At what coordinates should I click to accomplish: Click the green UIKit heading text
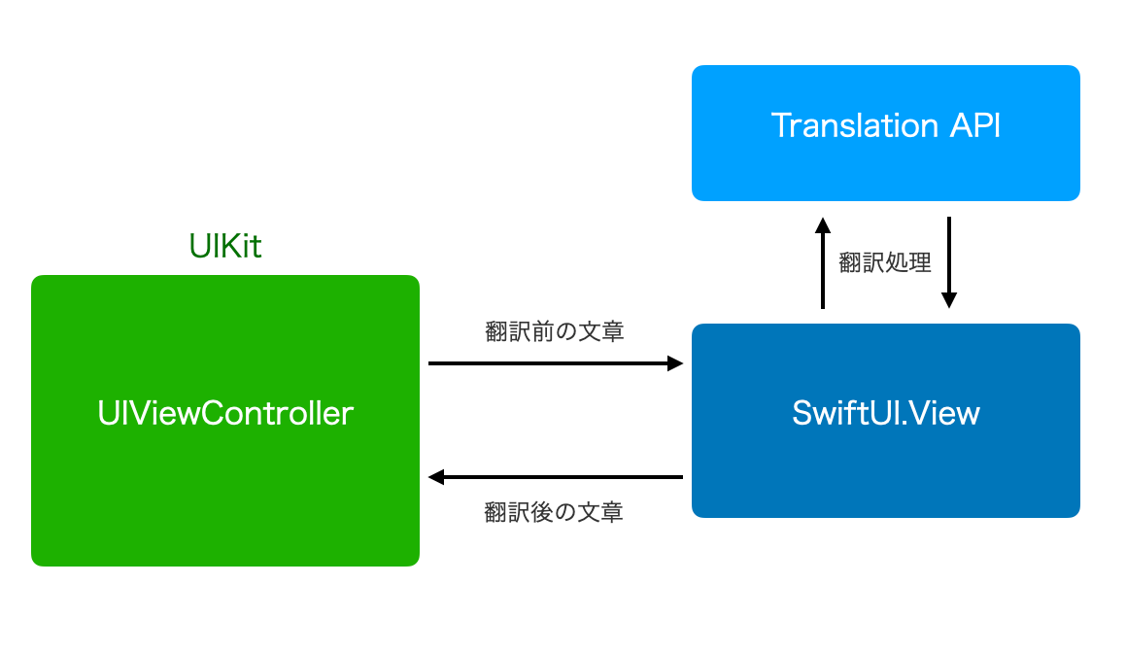tap(224, 247)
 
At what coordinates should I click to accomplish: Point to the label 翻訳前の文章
tap(555, 331)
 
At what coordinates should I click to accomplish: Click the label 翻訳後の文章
tap(554, 512)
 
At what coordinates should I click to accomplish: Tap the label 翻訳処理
tap(885, 262)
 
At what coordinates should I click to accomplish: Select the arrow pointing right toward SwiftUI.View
tap(555, 363)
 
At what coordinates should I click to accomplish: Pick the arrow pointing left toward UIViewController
tap(555, 477)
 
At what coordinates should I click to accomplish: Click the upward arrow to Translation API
tap(823, 263)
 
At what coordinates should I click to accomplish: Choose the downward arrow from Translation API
tap(948, 263)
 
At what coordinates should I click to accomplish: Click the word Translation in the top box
tap(855, 125)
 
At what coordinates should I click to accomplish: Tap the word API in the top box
tap(975, 125)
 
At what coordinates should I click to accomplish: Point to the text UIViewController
tap(224, 413)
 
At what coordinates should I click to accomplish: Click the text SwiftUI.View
tap(885, 413)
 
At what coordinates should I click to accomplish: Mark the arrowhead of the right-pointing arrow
tap(675, 363)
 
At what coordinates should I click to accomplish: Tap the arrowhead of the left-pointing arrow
tap(436, 477)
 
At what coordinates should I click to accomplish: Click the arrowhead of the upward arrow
tap(823, 224)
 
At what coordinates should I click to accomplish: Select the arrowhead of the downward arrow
tap(948, 301)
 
